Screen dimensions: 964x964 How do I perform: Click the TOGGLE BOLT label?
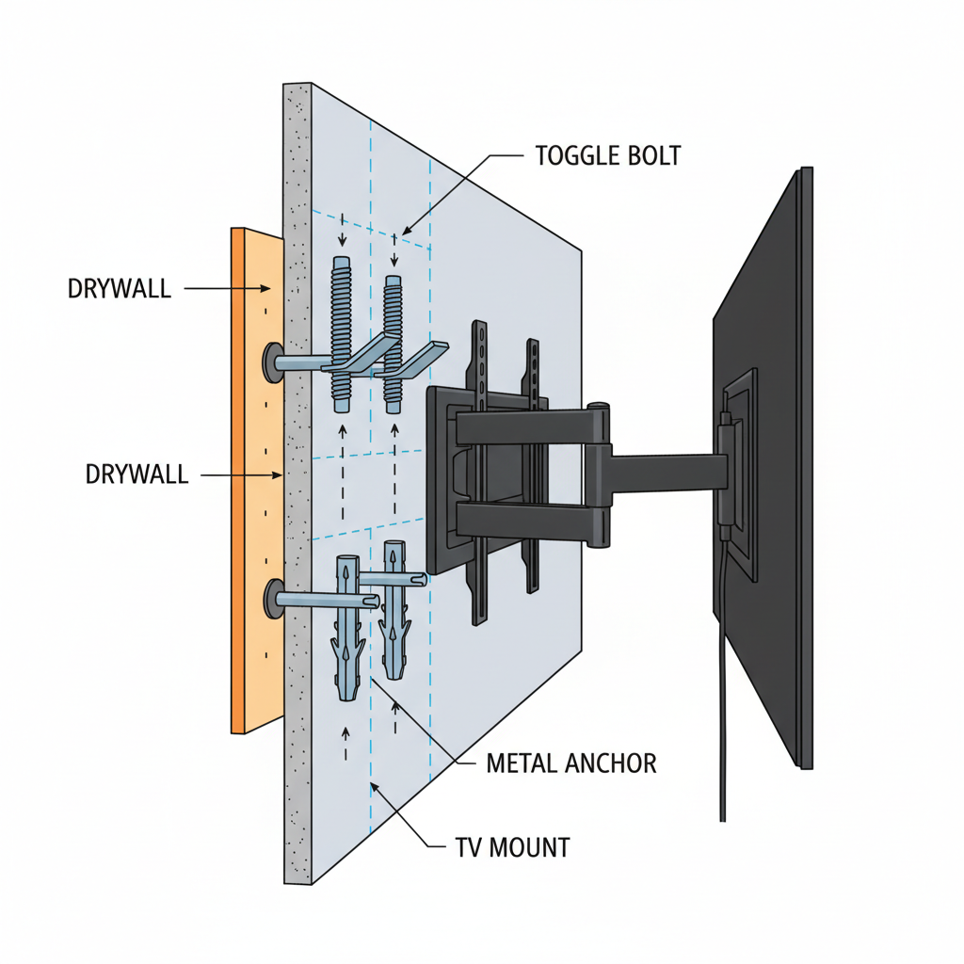607,155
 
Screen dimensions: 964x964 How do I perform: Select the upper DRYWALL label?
120,288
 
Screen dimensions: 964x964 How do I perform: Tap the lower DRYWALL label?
137,474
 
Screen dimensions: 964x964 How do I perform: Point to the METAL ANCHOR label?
571,763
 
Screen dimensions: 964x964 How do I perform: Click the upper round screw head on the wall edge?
273,362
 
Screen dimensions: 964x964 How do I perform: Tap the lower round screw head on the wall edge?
273,599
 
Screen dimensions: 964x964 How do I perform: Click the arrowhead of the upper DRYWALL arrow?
275,289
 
